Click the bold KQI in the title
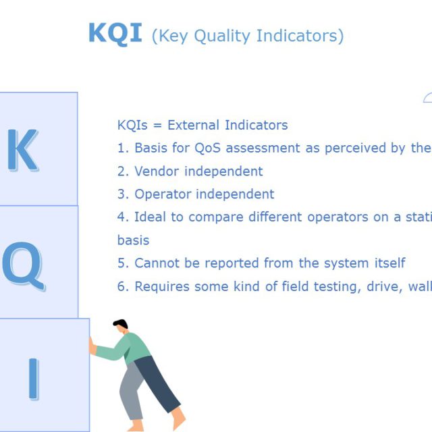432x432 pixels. coord(115,33)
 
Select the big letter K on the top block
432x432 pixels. coord(22,150)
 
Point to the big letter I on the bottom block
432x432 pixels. coord(33,378)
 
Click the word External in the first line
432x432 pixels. coord(194,125)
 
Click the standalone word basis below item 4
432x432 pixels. coord(133,240)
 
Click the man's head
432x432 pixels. coord(121,329)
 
